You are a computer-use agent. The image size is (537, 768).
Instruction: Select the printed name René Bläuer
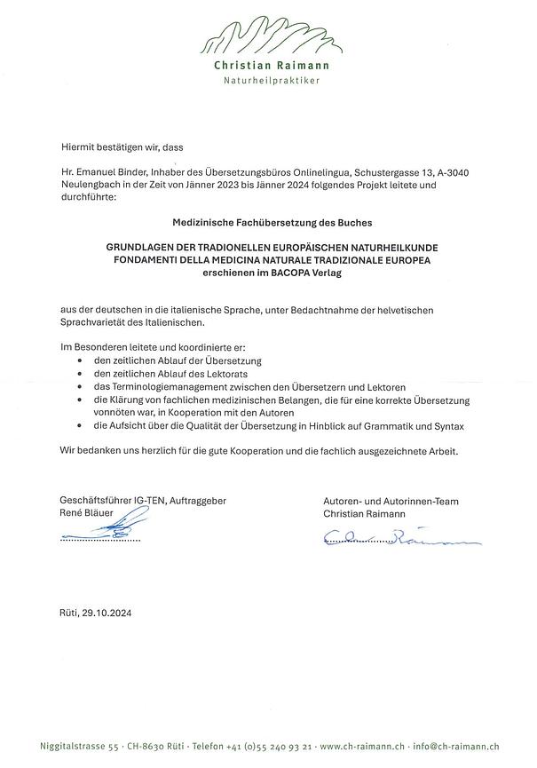(87, 513)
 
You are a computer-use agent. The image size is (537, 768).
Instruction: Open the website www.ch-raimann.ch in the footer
(352, 748)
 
